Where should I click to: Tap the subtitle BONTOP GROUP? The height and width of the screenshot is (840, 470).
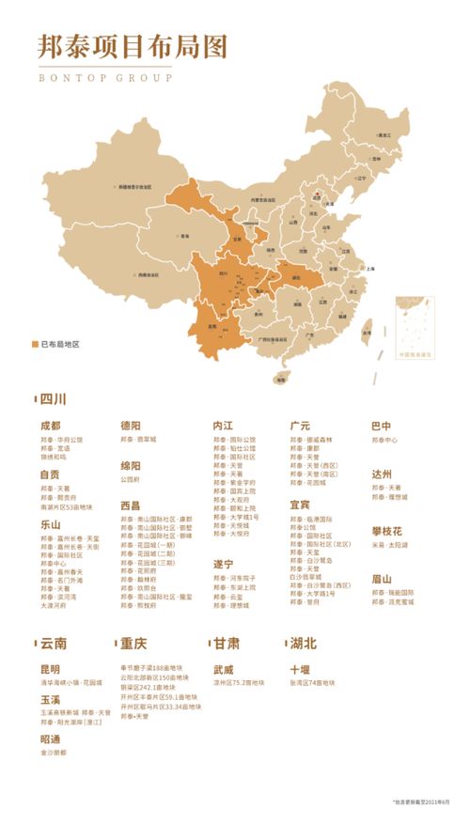coord(105,78)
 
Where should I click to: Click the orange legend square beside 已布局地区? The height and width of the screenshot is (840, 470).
coord(35,345)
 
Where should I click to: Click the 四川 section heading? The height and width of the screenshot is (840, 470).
coord(53,399)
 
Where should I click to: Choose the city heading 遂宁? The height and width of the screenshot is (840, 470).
coord(223,564)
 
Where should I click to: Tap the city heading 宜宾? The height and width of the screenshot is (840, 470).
coord(300,505)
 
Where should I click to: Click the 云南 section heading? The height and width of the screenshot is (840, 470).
coord(53,645)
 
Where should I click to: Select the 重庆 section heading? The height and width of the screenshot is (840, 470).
coord(133,645)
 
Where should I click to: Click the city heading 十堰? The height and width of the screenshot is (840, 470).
coord(300,669)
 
